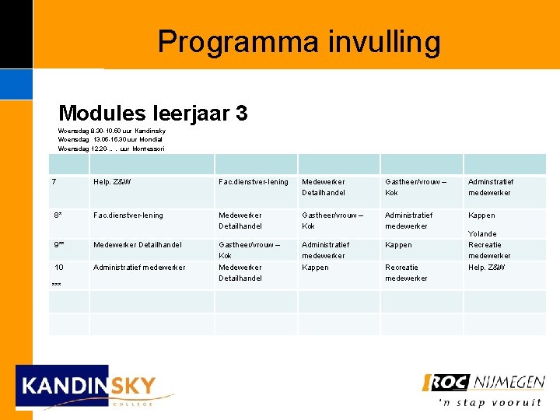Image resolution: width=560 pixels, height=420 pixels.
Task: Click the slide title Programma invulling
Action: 299,41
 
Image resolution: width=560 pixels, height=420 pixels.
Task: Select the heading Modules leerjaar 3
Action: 152,114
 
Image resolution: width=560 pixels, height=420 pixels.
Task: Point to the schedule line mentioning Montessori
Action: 111,149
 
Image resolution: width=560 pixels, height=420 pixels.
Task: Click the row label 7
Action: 54,182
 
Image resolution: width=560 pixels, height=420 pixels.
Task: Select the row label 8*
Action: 58,215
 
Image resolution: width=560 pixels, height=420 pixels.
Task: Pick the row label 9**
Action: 59,245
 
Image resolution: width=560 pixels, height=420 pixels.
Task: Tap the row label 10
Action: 58,268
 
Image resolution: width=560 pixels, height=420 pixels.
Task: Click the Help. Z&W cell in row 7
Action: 112,182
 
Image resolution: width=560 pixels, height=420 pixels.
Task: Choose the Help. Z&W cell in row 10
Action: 486,268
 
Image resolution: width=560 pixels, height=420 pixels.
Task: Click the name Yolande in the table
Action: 482,234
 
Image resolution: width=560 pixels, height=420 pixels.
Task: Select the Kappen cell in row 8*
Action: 481,215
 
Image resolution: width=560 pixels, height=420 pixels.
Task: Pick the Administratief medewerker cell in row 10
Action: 139,268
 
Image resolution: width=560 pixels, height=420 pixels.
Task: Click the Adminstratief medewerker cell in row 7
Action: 490,187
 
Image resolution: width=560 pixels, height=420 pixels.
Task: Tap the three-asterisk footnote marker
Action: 56,285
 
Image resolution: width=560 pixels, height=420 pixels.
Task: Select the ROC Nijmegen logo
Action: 483,383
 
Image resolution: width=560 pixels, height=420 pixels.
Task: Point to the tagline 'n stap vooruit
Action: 490,402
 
